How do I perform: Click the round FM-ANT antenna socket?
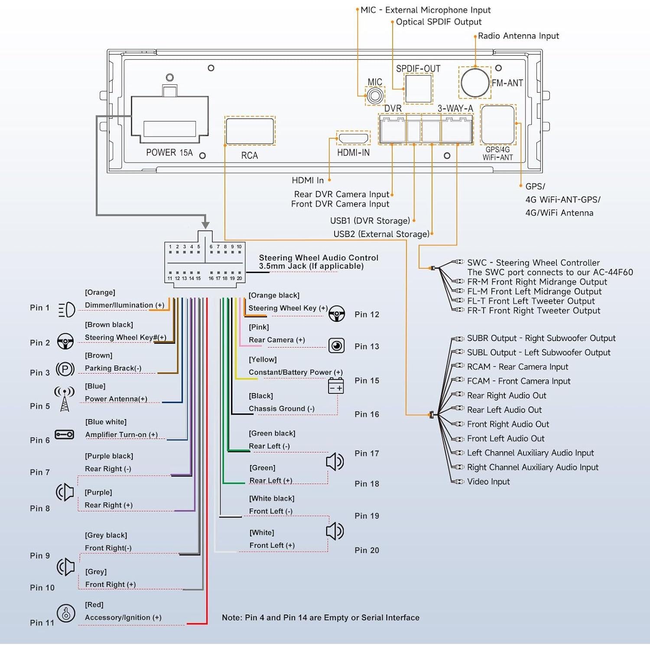pyautogui.click(x=475, y=82)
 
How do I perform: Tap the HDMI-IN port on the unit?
pyautogui.click(x=354, y=139)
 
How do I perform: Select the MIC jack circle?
pyautogui.click(x=375, y=96)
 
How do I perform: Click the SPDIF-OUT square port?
pyautogui.click(x=418, y=88)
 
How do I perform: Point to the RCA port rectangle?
pyautogui.click(x=250, y=130)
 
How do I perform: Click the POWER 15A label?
pyautogui.click(x=169, y=153)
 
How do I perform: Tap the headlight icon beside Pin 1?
pyautogui.click(x=67, y=309)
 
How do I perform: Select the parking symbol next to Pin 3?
pyautogui.click(x=65, y=369)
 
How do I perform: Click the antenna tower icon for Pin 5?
pyautogui.click(x=65, y=399)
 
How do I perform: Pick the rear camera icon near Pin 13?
pyautogui.click(x=336, y=346)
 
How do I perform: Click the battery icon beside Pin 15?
pyautogui.click(x=336, y=386)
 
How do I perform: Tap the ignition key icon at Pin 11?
pyautogui.click(x=66, y=614)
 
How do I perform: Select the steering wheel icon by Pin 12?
pyautogui.click(x=337, y=313)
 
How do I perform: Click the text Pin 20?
pyautogui.click(x=367, y=550)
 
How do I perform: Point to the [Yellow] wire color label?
pyautogui.click(x=263, y=360)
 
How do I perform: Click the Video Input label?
pyautogui.click(x=488, y=482)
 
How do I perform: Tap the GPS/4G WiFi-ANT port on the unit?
pyautogui.click(x=498, y=124)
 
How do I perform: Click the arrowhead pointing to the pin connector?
pyautogui.click(x=205, y=225)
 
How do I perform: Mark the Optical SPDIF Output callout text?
pyautogui.click(x=439, y=22)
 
